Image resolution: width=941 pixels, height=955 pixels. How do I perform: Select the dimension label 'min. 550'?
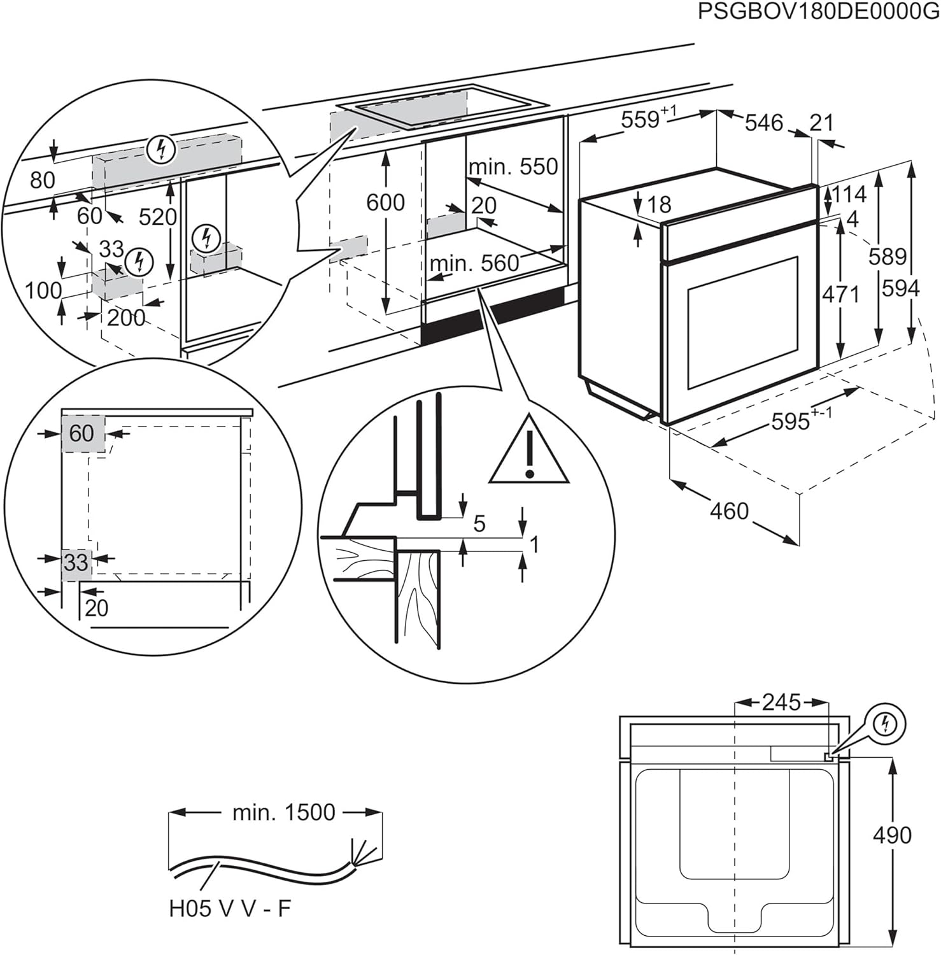click(x=513, y=167)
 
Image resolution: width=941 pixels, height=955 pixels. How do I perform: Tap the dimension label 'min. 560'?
click(x=474, y=263)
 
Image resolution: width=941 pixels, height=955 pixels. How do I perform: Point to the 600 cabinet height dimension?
click(x=385, y=202)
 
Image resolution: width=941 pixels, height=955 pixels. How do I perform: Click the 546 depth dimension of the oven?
click(x=763, y=122)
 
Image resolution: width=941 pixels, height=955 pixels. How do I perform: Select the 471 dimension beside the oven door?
click(x=840, y=294)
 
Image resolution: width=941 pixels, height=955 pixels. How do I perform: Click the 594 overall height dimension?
click(x=900, y=288)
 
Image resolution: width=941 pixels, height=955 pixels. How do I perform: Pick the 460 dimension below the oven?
click(x=729, y=511)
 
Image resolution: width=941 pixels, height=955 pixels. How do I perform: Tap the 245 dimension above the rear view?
click(x=781, y=702)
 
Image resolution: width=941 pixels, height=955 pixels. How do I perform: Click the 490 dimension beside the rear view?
click(x=892, y=835)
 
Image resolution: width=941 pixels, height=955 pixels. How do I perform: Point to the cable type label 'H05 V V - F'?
click(x=230, y=909)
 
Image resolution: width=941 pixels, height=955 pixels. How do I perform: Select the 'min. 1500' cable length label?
click(x=283, y=812)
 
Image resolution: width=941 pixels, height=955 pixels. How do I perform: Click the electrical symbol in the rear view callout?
click(x=885, y=724)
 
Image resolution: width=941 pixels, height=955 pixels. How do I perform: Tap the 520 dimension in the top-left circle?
click(x=157, y=217)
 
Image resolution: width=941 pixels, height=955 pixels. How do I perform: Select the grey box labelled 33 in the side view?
click(x=76, y=563)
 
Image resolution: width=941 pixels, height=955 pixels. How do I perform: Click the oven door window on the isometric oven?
click(x=742, y=322)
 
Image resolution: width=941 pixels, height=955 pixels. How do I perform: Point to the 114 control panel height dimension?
click(x=849, y=194)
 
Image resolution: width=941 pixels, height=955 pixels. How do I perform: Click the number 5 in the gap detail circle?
click(x=479, y=523)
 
